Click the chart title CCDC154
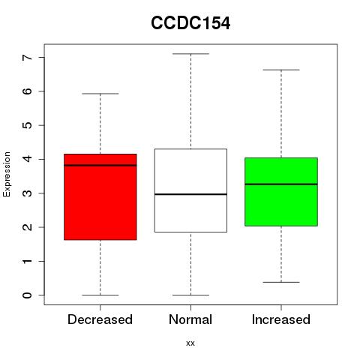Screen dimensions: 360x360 (x=190, y=23)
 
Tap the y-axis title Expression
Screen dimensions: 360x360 (x=7, y=174)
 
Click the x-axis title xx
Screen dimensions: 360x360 (x=190, y=343)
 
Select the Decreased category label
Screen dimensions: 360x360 (x=100, y=319)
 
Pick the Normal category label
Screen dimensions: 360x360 (x=190, y=319)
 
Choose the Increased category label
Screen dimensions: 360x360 (x=281, y=319)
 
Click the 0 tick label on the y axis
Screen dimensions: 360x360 (x=28, y=295)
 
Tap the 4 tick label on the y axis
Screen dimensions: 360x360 (x=28, y=159)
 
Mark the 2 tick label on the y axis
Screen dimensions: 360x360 (x=28, y=227)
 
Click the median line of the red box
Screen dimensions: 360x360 (x=100, y=165)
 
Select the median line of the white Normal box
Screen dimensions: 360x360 (x=190, y=194)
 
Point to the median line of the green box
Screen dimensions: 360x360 (x=281, y=184)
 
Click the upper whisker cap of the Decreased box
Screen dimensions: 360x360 (x=100, y=94)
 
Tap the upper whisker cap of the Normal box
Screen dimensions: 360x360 (x=190, y=54)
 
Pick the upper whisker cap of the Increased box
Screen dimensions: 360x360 (x=281, y=70)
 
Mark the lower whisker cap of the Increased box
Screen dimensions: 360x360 (x=281, y=282)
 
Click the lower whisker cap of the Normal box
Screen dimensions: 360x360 (x=190, y=295)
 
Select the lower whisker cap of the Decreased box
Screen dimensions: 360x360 (x=100, y=295)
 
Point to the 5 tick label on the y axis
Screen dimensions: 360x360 (x=28, y=125)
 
